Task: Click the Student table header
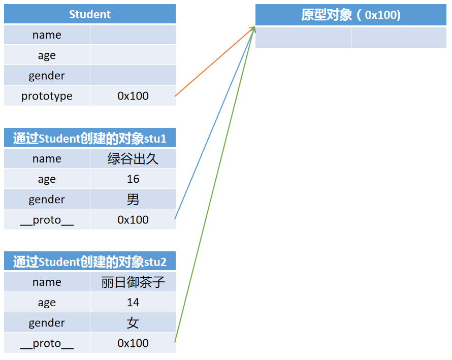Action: [90, 14]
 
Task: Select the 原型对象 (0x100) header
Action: [350, 15]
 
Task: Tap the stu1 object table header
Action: [90, 138]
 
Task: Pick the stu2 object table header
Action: [90, 261]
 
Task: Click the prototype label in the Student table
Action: [47, 96]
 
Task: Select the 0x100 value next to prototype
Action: [133, 96]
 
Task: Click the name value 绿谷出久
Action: [133, 159]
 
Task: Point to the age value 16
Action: [133, 179]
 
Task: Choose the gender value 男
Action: [133, 200]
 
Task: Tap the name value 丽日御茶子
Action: [133, 282]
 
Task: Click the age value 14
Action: [133, 303]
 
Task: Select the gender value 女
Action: [133, 323]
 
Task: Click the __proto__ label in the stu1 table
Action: [47, 220]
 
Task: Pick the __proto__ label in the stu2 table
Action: [47, 343]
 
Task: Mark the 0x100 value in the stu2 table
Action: [133, 343]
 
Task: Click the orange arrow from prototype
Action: [213, 62]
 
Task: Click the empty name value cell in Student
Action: [133, 35]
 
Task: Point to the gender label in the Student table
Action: [47, 76]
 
